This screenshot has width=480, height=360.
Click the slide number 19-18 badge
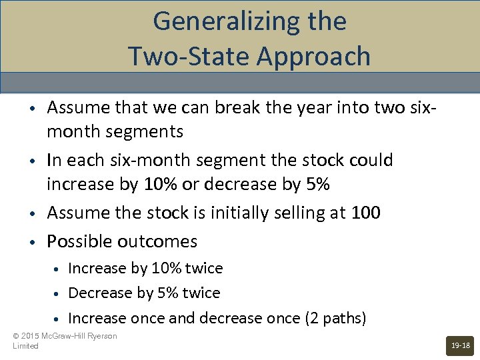coord(460,345)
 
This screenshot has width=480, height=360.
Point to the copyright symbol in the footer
coord(16,336)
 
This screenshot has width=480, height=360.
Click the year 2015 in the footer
coord(31,336)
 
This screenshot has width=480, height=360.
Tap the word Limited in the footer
coord(26,346)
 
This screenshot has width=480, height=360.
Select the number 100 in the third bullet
coord(367,213)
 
